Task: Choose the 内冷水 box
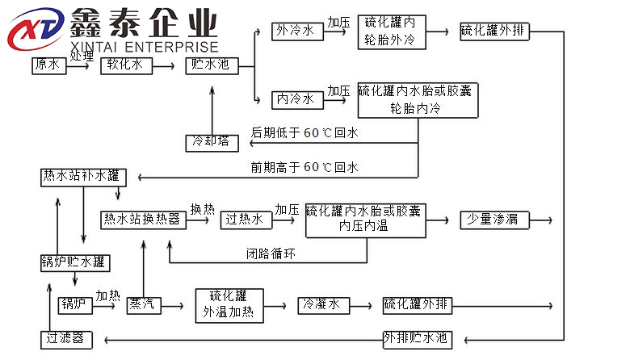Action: [x=295, y=100]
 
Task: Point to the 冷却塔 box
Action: [x=212, y=142]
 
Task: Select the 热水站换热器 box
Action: [x=141, y=219]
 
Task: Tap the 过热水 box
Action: [x=243, y=219]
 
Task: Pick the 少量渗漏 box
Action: [x=489, y=219]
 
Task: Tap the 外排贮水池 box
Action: [x=414, y=337]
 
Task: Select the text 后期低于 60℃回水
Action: [x=304, y=132]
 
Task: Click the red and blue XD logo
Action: [x=34, y=30]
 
